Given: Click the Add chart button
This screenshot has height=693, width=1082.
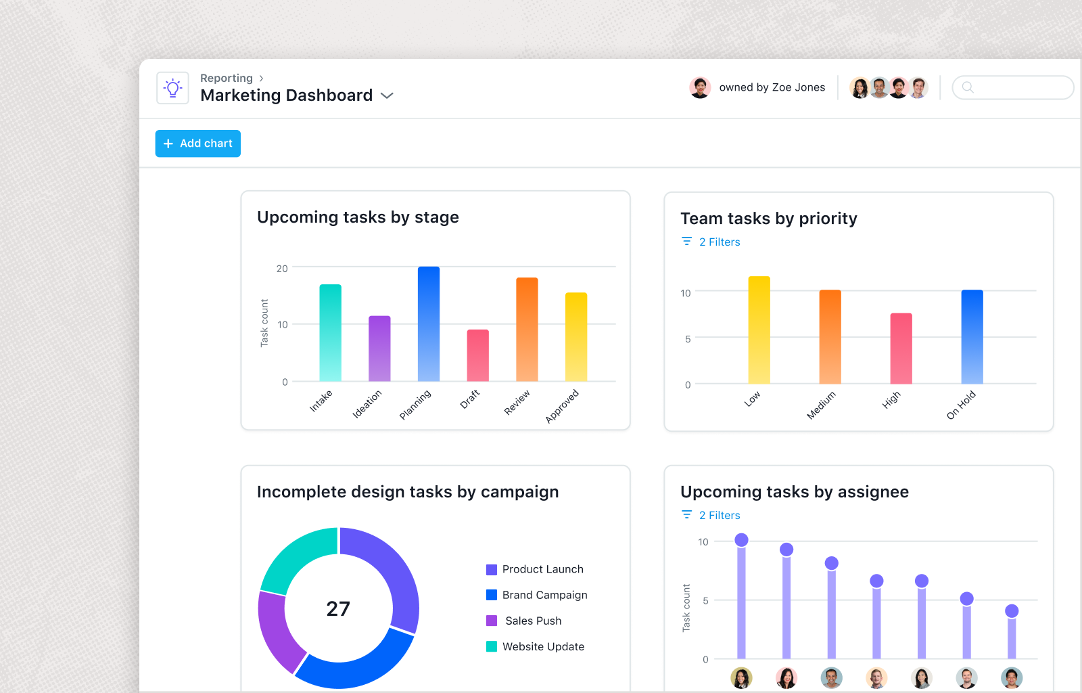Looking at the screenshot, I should [197, 143].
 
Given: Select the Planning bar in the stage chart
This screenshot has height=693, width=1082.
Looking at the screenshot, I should [428, 324].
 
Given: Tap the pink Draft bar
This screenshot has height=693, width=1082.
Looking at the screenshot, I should [477, 355].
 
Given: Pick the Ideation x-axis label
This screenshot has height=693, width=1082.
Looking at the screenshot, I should [367, 404].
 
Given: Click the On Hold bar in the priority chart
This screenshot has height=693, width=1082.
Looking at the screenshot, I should [972, 337].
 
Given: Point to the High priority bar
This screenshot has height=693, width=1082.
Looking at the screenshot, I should [901, 349].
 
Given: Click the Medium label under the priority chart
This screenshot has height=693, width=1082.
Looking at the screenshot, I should [821, 405].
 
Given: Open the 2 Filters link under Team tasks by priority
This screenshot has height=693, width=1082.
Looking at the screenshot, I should [719, 242].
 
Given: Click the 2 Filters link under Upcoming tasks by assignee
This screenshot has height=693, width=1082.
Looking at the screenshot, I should [719, 516].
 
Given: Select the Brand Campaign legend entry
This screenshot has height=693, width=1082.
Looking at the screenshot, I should [544, 595].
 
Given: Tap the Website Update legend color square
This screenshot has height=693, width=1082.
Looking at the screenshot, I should [492, 646].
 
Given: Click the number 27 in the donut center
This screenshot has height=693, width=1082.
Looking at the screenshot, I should [338, 609].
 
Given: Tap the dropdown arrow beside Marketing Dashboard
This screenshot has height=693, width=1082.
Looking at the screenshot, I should [387, 96].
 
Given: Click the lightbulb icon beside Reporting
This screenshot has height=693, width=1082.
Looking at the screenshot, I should [172, 88].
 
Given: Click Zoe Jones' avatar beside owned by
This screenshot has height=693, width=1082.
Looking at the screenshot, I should [700, 87].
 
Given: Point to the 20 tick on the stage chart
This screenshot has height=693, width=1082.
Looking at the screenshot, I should [282, 269].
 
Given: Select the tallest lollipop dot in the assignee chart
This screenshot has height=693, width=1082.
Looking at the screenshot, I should [741, 540].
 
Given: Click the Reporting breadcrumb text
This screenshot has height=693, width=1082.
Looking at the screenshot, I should [226, 79].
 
